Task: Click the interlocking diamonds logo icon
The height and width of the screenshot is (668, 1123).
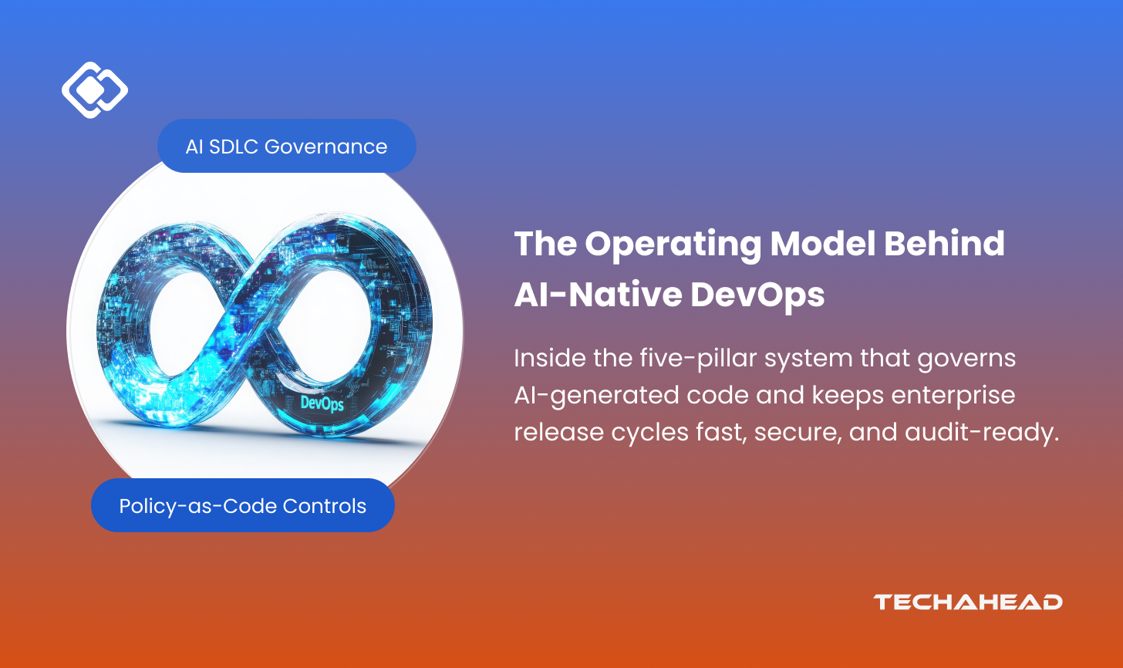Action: click(x=95, y=89)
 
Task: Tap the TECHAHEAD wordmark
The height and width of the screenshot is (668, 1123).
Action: click(x=967, y=602)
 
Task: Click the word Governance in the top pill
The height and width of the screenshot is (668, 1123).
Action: click(x=325, y=147)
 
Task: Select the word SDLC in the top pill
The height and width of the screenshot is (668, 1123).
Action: click(x=234, y=147)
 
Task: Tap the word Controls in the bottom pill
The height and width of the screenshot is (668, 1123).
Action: click(x=325, y=506)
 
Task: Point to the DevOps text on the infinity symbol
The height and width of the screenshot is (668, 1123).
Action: click(x=322, y=403)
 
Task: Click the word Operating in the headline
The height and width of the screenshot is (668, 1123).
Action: click(x=673, y=245)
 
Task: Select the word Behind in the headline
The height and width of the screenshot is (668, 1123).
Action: click(x=944, y=244)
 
